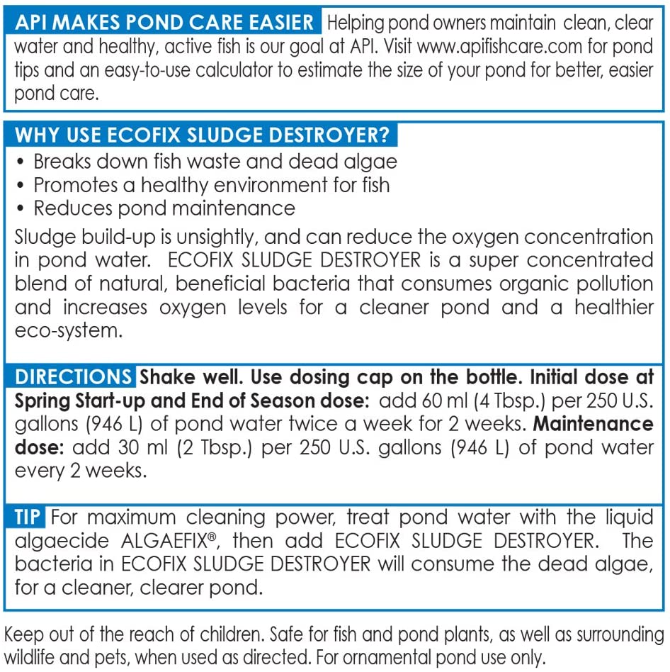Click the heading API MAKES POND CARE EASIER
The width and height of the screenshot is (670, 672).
pyautogui.click(x=164, y=22)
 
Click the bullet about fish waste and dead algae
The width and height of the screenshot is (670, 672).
pyautogui.click(x=215, y=161)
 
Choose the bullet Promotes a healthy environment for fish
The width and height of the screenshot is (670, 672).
pyautogui.click(x=211, y=185)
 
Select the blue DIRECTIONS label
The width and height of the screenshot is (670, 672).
pyautogui.click(x=72, y=376)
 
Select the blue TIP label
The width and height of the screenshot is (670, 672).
pyautogui.click(x=28, y=517)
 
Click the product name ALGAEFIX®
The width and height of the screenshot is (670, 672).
pyautogui.click(x=166, y=541)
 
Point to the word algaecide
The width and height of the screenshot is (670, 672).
pyautogui.click(x=62, y=541)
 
